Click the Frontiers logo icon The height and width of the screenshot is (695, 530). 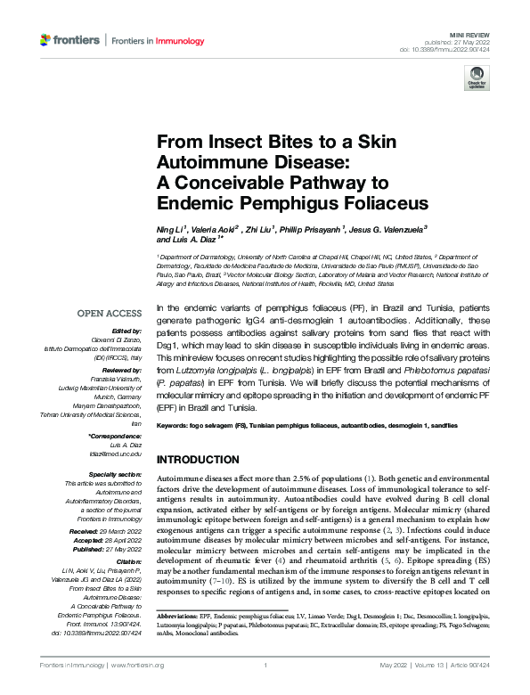point(46,40)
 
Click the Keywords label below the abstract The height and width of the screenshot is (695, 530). point(175,426)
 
